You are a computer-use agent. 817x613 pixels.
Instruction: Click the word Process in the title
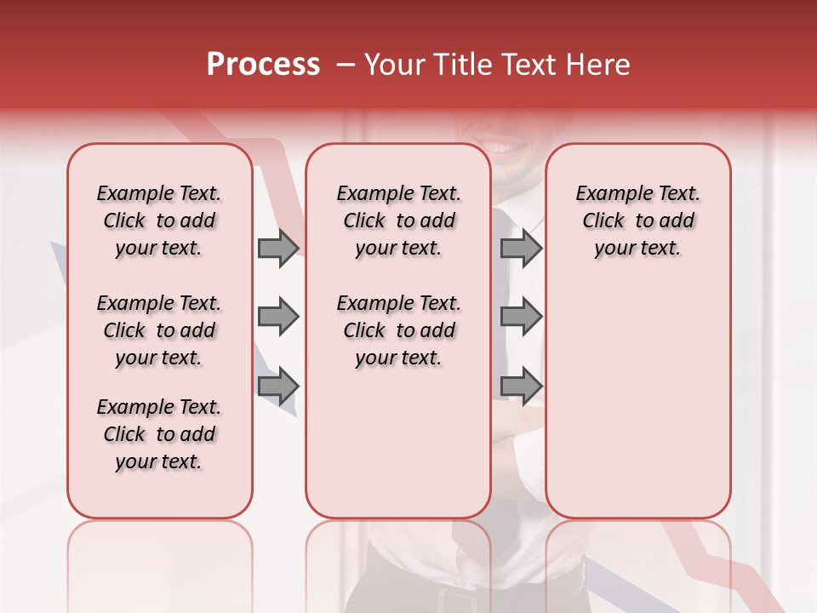pyautogui.click(x=263, y=64)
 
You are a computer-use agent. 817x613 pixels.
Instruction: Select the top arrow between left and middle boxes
pyautogui.click(x=278, y=249)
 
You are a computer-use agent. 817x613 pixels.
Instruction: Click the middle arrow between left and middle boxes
pyautogui.click(x=278, y=318)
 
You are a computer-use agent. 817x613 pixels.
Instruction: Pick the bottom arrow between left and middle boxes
pyautogui.click(x=278, y=387)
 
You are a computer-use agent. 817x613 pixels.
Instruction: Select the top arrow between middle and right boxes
pyautogui.click(x=521, y=249)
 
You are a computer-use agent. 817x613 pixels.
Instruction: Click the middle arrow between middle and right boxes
pyautogui.click(x=521, y=318)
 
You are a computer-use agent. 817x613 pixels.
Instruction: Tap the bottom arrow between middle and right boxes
pyautogui.click(x=521, y=387)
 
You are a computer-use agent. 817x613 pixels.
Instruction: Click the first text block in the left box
pyautogui.click(x=159, y=221)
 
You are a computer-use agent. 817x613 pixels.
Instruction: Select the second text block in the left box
pyautogui.click(x=159, y=330)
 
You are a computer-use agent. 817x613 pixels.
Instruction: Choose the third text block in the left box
pyautogui.click(x=159, y=434)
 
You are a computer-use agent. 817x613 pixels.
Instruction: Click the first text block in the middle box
pyautogui.click(x=398, y=221)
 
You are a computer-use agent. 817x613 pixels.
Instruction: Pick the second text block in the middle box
pyautogui.click(x=398, y=330)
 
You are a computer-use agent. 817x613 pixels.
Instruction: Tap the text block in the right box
pyautogui.click(x=637, y=221)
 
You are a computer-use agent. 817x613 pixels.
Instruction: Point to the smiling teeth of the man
pyautogui.click(x=504, y=147)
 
